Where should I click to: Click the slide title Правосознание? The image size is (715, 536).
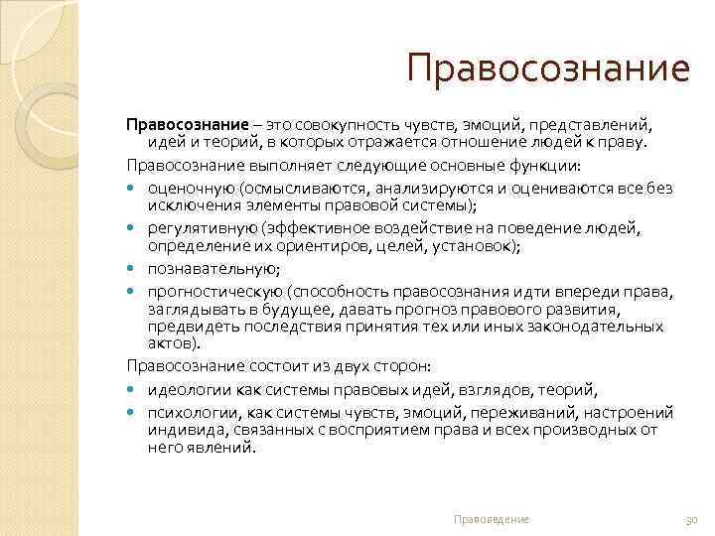(547, 69)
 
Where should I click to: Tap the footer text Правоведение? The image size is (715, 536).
(491, 519)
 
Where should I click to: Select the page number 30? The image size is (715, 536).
(692, 519)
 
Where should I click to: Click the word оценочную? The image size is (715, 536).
(188, 189)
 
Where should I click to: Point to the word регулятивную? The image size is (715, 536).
(198, 229)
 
